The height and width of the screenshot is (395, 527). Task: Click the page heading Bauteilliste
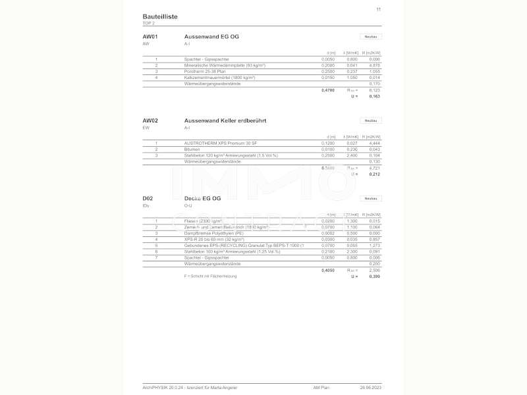tap(159, 16)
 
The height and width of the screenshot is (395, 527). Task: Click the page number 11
tap(378, 9)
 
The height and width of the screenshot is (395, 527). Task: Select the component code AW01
tap(150, 36)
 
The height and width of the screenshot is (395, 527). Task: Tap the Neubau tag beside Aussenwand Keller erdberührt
tap(371, 120)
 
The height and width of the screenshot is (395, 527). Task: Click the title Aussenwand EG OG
tap(211, 36)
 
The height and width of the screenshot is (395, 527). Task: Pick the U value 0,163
tap(375, 96)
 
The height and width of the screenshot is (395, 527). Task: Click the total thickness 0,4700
tap(327, 90)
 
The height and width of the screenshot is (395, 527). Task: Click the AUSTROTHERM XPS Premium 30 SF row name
tap(220, 143)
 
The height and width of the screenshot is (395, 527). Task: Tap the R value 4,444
tap(375, 143)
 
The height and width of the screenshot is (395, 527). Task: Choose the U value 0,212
tap(375, 174)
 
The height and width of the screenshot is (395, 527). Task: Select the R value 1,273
tap(375, 245)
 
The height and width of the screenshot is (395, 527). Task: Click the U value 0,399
tap(375, 276)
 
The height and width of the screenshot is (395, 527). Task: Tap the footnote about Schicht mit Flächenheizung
tap(210, 276)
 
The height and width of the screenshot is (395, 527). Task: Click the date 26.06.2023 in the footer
tap(370, 388)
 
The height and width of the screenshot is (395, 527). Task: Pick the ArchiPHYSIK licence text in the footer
tap(190, 388)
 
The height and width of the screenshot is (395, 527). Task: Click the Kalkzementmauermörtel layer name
tap(219, 77)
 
